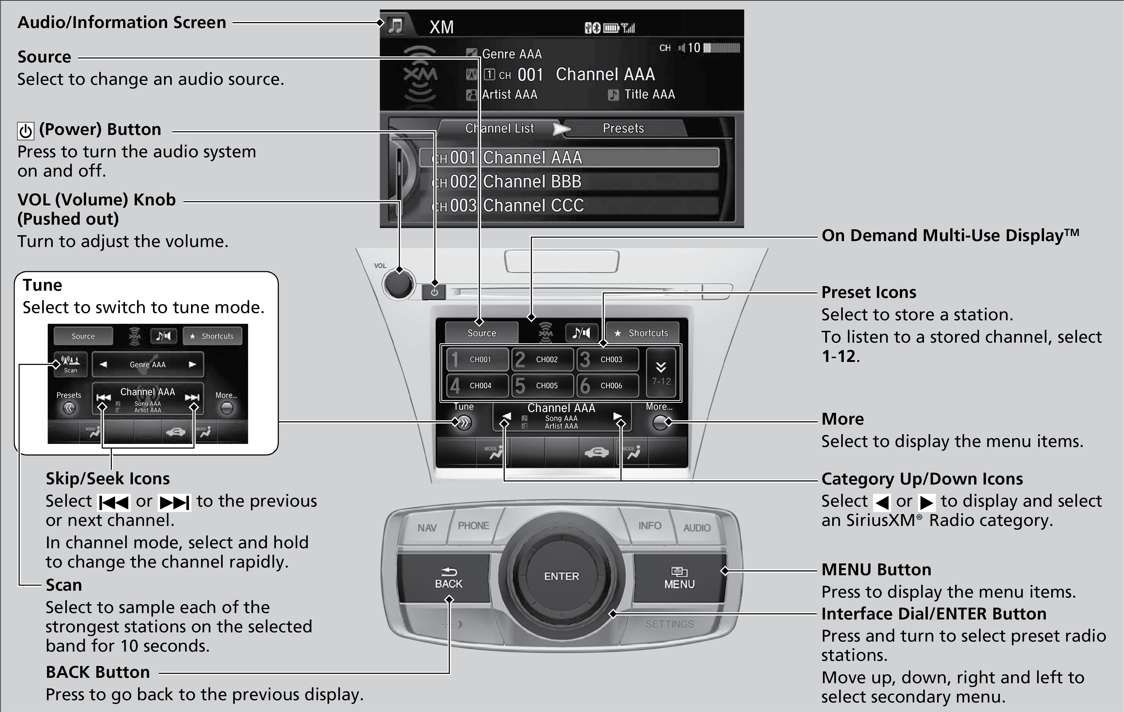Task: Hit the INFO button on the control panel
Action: tap(649, 526)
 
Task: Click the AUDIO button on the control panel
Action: tap(696, 528)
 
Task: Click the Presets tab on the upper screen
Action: tap(623, 128)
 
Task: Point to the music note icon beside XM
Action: tap(396, 26)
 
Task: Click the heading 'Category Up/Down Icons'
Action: tap(922, 479)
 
